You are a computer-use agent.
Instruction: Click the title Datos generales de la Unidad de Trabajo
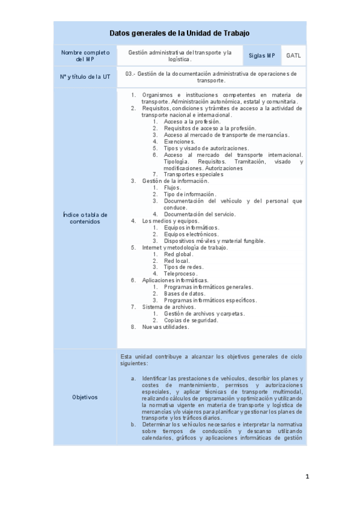tap(180, 33)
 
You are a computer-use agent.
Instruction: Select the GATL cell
tap(294, 56)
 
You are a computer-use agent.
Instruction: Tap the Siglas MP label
tap(262, 56)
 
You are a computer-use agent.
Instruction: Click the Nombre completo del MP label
tap(85, 56)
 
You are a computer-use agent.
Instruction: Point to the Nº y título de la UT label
tap(85, 77)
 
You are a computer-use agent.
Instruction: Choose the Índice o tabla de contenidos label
tap(85, 218)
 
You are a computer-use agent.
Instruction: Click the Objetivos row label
tap(85, 397)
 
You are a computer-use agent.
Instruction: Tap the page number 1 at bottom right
tap(307, 477)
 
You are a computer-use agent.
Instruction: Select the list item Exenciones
tap(179, 141)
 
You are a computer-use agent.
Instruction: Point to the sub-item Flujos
tap(172, 188)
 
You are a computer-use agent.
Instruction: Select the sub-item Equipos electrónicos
tap(191, 234)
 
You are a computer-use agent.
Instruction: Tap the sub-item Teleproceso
tap(181, 274)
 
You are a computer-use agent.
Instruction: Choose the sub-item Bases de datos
tap(185, 293)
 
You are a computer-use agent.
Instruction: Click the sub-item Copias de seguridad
tap(191, 320)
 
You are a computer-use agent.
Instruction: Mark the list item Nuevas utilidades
tap(165, 327)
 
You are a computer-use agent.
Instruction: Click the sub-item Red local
tap(177, 260)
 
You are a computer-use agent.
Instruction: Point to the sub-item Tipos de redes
tap(183, 267)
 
